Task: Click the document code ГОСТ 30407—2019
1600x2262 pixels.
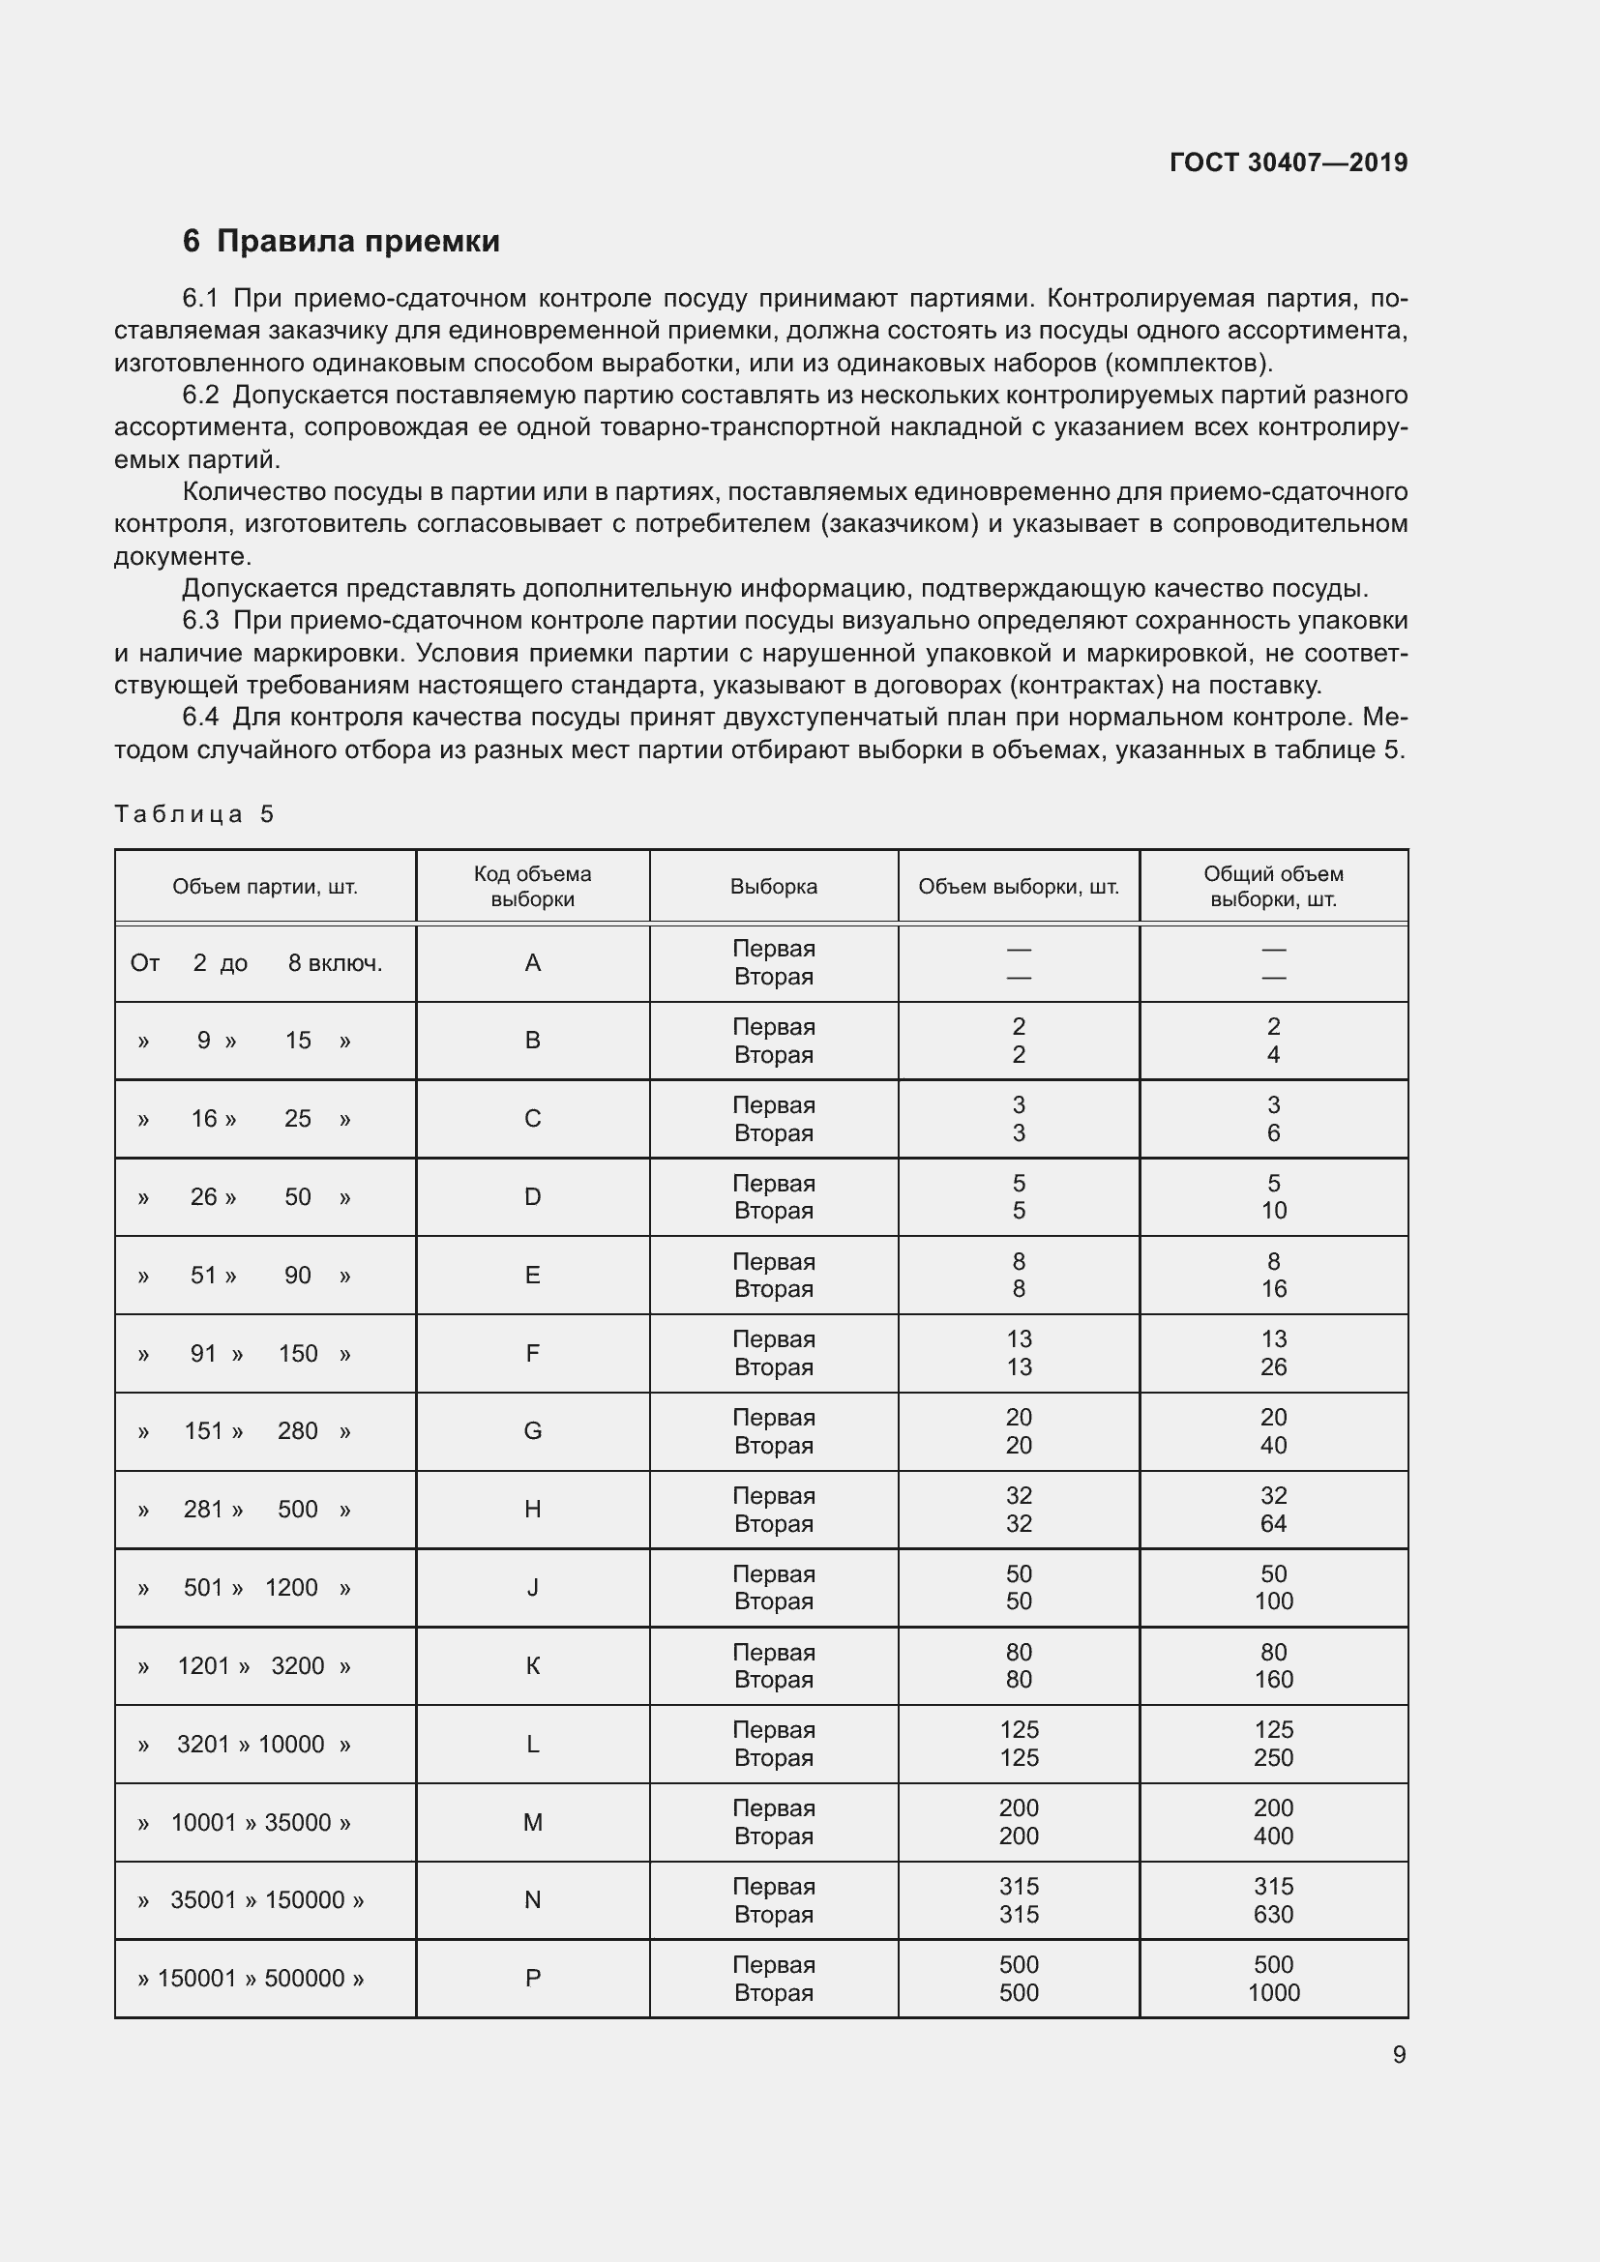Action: (x=1288, y=162)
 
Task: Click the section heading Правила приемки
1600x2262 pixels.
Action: (x=358, y=242)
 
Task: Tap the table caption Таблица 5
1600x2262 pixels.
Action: (x=194, y=813)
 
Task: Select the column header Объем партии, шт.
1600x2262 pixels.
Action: (x=265, y=887)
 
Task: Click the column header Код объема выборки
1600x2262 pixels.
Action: (x=532, y=887)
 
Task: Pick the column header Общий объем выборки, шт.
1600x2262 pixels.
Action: (x=1273, y=887)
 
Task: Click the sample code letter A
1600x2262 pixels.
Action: (x=532, y=962)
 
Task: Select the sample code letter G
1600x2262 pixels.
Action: (x=532, y=1431)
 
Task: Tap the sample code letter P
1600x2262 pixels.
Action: (x=532, y=1979)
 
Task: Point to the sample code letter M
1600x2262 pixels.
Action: (x=532, y=1823)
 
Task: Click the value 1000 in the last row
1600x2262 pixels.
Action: (x=1273, y=1992)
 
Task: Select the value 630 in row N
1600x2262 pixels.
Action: (x=1273, y=1914)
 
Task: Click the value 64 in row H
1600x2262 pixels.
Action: (x=1273, y=1523)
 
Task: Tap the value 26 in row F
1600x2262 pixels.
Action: (x=1273, y=1367)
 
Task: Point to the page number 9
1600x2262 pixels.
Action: (x=1398, y=2055)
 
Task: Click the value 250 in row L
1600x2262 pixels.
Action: (x=1273, y=1757)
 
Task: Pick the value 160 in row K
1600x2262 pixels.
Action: (x=1273, y=1680)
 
